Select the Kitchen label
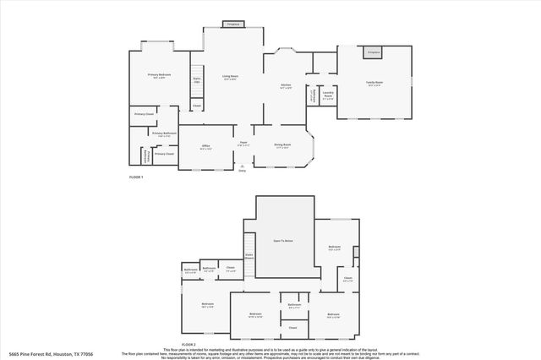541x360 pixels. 286,86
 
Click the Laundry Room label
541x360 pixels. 328,96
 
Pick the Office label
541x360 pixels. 205,146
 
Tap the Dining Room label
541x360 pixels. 281,145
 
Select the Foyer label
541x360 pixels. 243,145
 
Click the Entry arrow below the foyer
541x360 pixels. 242,167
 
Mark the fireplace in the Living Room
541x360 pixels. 232,25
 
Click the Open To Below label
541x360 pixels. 281,242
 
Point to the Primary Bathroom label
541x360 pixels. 164,134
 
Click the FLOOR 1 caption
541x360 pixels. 136,177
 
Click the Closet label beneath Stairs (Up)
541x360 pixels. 196,106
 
